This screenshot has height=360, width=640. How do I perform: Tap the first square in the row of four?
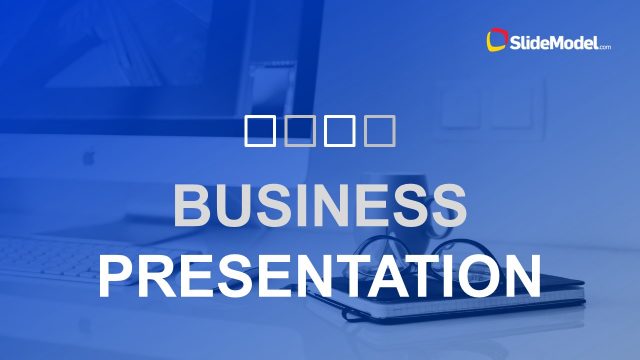[259, 130]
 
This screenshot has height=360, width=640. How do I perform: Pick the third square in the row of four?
[339, 130]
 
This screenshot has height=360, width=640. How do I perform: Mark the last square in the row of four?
[380, 130]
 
